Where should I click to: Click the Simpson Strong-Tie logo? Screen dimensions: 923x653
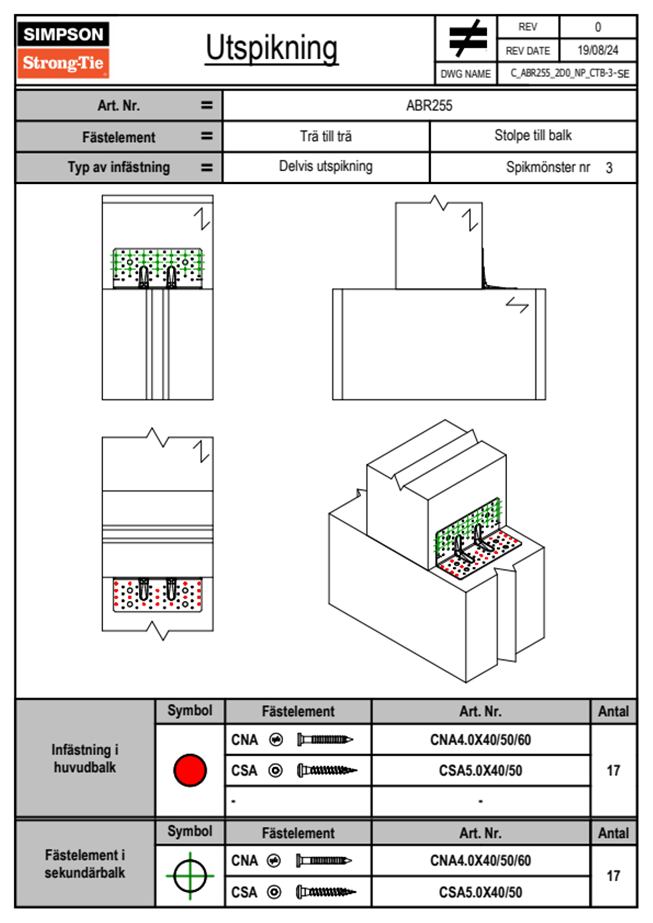[x=63, y=49]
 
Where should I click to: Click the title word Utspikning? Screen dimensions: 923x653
[x=272, y=48]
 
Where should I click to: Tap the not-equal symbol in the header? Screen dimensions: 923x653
[x=467, y=38]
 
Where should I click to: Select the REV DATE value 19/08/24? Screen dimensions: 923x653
[x=598, y=50]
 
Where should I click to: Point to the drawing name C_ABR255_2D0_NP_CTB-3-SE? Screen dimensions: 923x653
[x=569, y=74]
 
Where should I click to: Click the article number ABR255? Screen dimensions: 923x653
[x=429, y=106]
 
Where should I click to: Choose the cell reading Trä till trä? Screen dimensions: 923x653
[x=326, y=136]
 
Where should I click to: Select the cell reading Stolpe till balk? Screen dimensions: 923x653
[x=533, y=136]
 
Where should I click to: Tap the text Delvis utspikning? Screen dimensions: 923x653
[x=326, y=166]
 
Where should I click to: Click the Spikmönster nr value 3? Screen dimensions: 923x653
[x=609, y=168]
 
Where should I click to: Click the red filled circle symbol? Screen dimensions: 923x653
[x=190, y=770]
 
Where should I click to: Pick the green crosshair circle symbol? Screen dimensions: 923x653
[x=190, y=876]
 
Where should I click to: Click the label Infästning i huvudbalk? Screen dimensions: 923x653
[x=85, y=758]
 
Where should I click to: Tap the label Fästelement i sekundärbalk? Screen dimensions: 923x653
[x=85, y=864]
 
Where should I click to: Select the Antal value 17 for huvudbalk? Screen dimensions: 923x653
[x=613, y=770]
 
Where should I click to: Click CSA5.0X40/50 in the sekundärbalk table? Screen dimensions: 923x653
[x=480, y=892]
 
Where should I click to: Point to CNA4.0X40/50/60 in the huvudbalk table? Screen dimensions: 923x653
[x=480, y=740]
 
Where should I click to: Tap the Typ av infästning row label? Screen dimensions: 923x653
[x=119, y=167]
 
